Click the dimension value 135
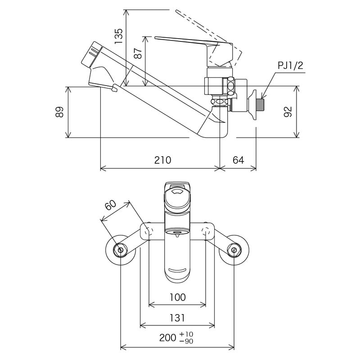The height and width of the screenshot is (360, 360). [119, 36]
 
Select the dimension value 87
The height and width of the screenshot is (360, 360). [139, 54]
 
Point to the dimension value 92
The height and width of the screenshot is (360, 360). [288, 112]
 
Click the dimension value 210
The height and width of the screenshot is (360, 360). [162, 160]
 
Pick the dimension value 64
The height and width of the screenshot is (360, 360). [238, 160]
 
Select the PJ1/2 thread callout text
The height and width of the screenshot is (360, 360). [290, 66]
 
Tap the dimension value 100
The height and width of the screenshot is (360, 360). [178, 297]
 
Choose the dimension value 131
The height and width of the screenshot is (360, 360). [177, 318]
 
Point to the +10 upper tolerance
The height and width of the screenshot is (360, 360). [185, 334]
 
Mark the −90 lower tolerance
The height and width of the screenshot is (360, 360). [185, 342]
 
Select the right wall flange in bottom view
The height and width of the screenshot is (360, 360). [234, 250]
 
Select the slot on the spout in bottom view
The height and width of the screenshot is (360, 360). [177, 270]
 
